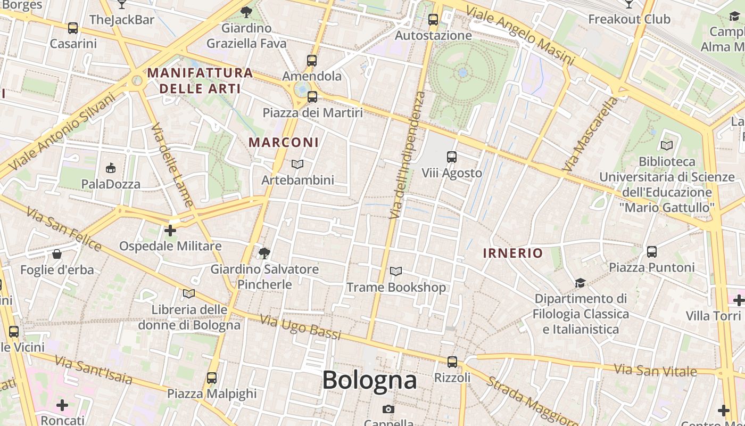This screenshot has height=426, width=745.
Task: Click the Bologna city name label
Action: tap(369, 380)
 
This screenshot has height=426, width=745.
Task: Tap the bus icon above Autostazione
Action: tap(433, 20)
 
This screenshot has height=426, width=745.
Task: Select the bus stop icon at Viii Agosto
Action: tap(452, 157)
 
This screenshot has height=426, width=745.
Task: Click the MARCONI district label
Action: tap(284, 142)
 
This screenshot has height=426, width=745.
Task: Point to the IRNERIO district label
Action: tap(512, 253)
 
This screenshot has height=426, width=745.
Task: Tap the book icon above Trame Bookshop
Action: tap(395, 272)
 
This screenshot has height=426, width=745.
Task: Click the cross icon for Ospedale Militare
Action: tap(170, 231)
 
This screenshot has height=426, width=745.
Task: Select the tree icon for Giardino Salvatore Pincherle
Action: tap(264, 253)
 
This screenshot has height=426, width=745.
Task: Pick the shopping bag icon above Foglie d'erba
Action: tap(57, 254)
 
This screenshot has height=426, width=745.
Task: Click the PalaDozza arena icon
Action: tap(111, 168)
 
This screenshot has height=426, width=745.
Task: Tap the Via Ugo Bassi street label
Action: tap(300, 326)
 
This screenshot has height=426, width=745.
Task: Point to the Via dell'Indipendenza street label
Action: tap(408, 154)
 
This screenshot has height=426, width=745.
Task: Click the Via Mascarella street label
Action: tap(591, 134)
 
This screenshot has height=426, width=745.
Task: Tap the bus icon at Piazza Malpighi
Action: tap(212, 378)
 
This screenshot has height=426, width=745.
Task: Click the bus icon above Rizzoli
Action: tap(452, 362)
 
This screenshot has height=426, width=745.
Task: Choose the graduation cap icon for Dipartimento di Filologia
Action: tap(580, 283)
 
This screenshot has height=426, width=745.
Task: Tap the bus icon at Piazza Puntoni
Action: tap(652, 251)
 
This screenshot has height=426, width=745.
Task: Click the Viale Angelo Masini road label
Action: tap(520, 36)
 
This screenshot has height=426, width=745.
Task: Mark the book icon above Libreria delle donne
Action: tap(189, 293)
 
